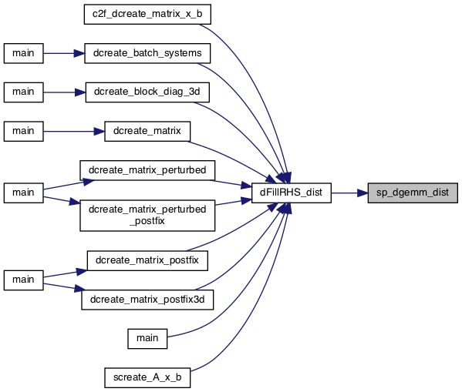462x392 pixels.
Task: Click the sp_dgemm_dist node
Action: click(413, 193)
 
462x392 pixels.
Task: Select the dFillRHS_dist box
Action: click(291, 193)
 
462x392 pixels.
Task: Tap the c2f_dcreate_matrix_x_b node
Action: click(147, 14)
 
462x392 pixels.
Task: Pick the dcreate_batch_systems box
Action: click(147, 53)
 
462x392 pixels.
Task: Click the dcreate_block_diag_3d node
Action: click(147, 92)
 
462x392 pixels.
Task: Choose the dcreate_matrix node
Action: click(147, 131)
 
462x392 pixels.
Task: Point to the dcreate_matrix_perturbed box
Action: click(147, 170)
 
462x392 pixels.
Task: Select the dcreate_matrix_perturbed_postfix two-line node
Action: click(147, 216)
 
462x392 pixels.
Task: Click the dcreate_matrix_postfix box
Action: click(147, 260)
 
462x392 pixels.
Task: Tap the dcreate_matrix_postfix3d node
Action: click(147, 300)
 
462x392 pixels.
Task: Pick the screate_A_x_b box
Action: click(147, 377)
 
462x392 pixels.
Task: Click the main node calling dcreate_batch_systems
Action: click(24, 53)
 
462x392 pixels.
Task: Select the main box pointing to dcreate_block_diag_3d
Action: click(24, 92)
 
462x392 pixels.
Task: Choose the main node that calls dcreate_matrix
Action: click(24, 131)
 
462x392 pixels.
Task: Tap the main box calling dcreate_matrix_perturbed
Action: click(24, 193)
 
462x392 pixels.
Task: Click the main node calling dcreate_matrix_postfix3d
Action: click(24, 280)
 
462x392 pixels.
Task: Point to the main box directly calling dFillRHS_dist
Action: click(147, 339)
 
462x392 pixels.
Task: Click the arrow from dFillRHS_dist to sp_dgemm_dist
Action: click(349, 193)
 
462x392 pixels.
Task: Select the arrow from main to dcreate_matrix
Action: click(74, 132)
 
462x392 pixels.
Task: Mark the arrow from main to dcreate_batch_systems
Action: click(64, 53)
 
